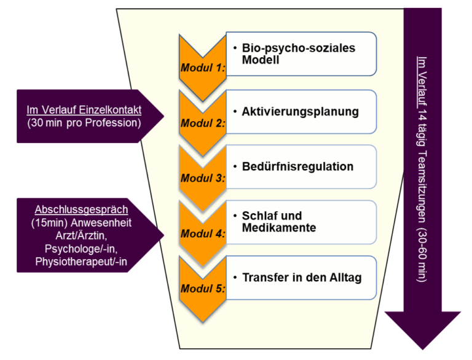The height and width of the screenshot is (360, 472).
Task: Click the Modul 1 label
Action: pos(202,68)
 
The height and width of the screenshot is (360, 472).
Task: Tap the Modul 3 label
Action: pos(202,178)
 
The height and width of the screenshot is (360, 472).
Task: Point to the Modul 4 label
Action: pos(202,233)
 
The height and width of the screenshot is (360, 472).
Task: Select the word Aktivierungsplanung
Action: pos(300,112)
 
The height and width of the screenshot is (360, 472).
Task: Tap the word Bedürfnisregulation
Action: pos(297,166)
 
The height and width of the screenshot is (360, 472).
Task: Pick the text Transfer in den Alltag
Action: pos(302,277)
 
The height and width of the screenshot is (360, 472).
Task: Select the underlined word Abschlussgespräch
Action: pos(81,209)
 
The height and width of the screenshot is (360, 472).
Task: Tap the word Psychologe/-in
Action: pos(81,248)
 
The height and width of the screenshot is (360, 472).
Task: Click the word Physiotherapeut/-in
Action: pos(81,262)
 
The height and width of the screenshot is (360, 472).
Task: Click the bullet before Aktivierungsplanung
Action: pos(236,112)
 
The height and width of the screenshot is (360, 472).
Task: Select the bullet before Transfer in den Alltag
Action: pos(236,277)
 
